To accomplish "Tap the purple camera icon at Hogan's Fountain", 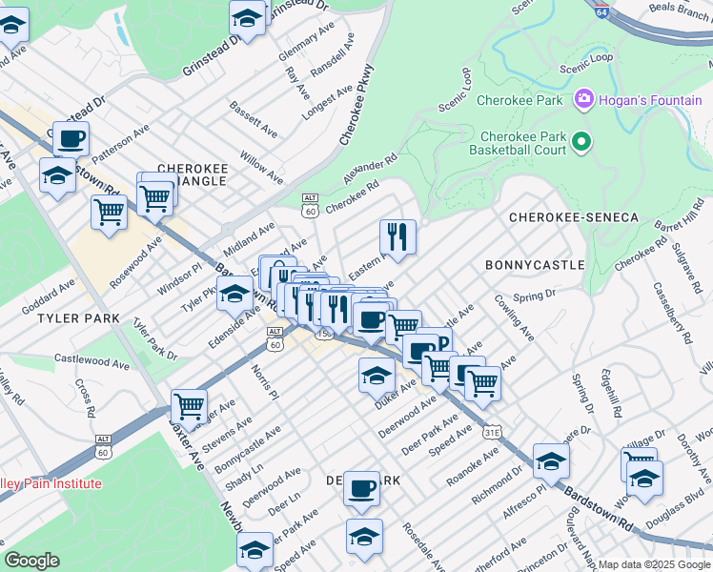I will click(x=583, y=98).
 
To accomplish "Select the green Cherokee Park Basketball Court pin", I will click(x=581, y=143).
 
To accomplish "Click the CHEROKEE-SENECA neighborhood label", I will click(x=573, y=218).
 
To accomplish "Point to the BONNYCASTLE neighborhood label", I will click(x=534, y=264).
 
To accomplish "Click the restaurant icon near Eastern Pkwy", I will click(x=397, y=235).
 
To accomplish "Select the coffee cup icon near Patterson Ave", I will click(x=71, y=138).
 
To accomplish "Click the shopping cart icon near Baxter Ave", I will click(x=190, y=406).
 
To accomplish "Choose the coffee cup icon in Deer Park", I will click(x=361, y=488).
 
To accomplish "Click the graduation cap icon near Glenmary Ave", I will click(x=248, y=18).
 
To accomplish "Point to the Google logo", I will click(x=32, y=561).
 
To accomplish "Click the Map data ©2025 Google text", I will click(x=655, y=564).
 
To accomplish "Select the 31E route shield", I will click(x=492, y=432).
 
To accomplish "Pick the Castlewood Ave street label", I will click(x=92, y=362).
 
